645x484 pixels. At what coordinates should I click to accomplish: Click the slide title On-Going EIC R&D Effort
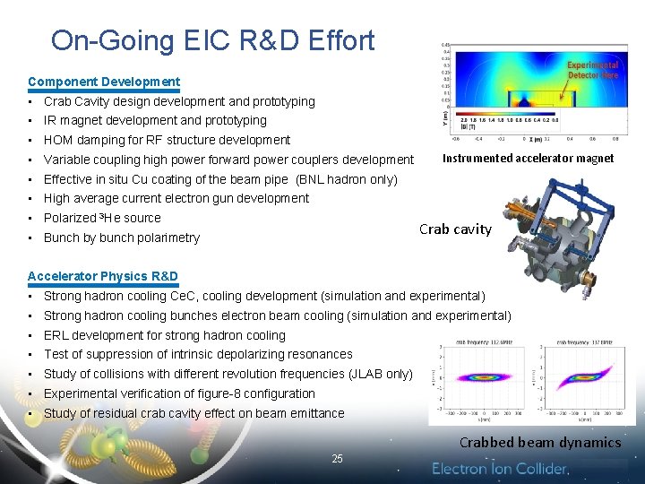[x=212, y=40]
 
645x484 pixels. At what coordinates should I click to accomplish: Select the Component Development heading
[x=104, y=82]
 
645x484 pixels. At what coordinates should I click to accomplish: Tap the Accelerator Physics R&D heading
[x=103, y=276]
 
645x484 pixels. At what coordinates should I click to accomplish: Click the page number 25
[x=337, y=459]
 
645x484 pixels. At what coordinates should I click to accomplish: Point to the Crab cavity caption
[x=455, y=229]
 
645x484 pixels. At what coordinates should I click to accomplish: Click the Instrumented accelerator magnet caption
[x=529, y=158]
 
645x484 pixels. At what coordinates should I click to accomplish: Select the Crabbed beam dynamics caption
[x=539, y=442]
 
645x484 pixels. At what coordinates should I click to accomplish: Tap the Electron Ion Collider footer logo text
[x=500, y=469]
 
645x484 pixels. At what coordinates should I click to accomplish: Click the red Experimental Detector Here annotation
[x=592, y=70]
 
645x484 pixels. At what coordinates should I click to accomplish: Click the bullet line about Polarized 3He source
[x=102, y=218]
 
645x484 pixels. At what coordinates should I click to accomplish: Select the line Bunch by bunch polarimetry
[x=122, y=238]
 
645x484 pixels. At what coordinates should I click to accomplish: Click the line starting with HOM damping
[x=167, y=140]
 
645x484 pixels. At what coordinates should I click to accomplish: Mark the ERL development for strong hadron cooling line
[x=165, y=335]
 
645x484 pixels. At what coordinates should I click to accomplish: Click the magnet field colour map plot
[x=529, y=90]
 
